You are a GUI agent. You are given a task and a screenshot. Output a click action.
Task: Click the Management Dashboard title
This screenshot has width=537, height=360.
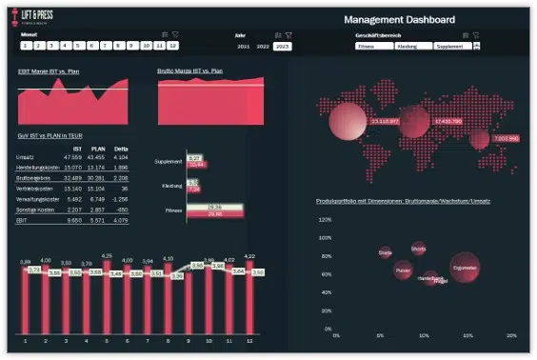pos(399,19)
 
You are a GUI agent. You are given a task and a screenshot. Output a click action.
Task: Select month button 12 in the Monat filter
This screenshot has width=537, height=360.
pos(172,45)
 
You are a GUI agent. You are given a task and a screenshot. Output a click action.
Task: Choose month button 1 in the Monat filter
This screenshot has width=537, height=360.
pos(25,45)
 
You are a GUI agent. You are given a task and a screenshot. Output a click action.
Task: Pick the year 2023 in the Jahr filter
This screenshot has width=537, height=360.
pos(282,46)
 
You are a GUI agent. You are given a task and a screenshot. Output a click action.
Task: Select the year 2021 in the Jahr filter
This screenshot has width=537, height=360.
pos(244,46)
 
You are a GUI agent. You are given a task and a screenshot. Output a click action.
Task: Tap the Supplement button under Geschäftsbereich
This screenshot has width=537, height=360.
pos(452,46)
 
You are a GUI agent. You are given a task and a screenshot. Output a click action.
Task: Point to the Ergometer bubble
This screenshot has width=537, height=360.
pos(465,268)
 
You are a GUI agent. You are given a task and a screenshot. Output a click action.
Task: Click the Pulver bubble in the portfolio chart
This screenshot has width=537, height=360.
pos(403,270)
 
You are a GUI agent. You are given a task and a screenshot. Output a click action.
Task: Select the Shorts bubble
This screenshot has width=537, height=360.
pos(418,249)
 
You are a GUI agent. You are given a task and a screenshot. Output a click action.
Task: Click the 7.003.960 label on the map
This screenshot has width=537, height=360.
pos(506,138)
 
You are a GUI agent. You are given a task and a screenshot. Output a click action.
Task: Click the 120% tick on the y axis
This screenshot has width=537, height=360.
pos(324,218)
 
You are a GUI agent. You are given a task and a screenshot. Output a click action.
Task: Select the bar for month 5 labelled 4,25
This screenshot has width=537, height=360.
pos(106,300)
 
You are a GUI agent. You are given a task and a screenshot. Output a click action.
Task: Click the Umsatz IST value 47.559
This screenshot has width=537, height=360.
pos(71,156)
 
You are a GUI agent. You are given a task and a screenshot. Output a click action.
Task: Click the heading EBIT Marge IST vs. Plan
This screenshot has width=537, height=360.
pos(49,70)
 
